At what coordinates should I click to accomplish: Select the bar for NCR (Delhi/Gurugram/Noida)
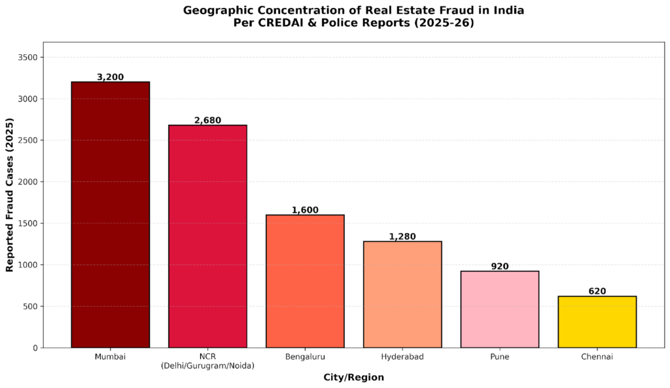[207, 236]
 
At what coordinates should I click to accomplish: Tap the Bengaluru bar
[305, 281]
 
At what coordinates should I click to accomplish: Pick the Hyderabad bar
[402, 294]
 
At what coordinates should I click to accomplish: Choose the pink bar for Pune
[499, 309]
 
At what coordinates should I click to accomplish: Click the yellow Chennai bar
[597, 322]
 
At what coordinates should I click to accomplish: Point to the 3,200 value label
[110, 77]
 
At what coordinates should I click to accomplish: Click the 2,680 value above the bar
[207, 120]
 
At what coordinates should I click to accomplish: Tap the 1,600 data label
[305, 210]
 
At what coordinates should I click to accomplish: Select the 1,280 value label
[402, 236]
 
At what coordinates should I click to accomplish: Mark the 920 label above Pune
[499, 266]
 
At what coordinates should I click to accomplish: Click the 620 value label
[597, 291]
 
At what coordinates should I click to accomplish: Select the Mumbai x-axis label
[110, 357]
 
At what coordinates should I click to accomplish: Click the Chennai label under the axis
[597, 357]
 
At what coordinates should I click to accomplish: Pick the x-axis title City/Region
[353, 378]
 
